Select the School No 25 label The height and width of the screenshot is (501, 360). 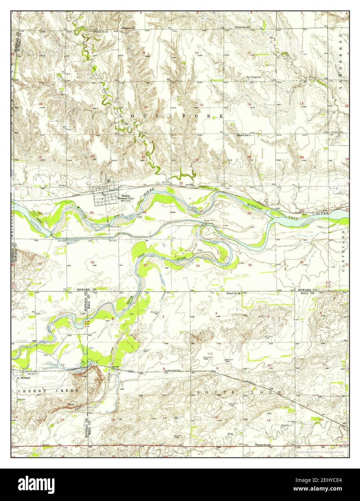coord(101,32)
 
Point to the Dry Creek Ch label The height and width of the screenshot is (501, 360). coord(254,77)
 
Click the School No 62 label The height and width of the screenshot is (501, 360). coord(242,27)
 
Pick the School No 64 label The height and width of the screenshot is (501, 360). coord(234,293)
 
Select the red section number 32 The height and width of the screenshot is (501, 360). coord(92,262)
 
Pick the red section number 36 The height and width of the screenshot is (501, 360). coord(301,262)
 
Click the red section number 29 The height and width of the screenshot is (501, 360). coord(92,213)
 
